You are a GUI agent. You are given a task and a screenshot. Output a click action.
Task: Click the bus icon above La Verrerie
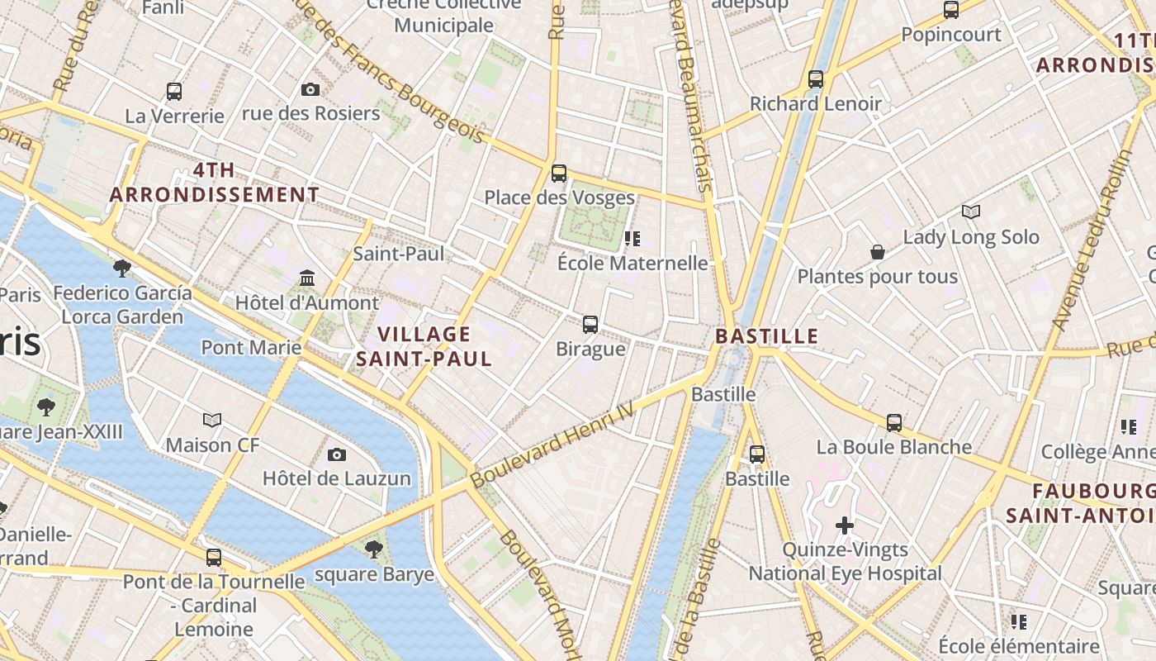pos(174,91)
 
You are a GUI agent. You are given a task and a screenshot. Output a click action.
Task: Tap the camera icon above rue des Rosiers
pos(310,89)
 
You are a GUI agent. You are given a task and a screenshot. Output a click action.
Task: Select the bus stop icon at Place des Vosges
pos(559,174)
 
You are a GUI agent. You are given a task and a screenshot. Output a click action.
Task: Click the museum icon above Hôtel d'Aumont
pos(307,278)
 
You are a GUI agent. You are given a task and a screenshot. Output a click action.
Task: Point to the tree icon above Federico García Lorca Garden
pos(122,268)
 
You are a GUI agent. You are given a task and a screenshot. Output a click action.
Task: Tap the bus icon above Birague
pos(590,324)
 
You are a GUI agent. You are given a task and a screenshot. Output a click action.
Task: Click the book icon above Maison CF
pos(212,420)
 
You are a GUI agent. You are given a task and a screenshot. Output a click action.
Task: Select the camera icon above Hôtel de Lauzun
pos(336,454)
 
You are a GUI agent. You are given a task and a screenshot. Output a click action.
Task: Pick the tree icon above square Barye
pos(374,549)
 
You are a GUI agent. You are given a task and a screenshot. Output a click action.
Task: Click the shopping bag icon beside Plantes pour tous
pos(877,252)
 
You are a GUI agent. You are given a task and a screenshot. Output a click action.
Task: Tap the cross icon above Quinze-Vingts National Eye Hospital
pos(845,525)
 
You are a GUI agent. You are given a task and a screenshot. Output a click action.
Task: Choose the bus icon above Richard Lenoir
pos(816,79)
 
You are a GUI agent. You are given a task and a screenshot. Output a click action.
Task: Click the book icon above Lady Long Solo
pos(971,212)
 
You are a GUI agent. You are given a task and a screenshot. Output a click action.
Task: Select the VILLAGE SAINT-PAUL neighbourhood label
pos(424,346)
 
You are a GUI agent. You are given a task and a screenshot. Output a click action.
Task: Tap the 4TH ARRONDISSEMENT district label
pos(215,183)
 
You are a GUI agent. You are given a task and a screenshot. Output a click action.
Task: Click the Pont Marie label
pos(251,347)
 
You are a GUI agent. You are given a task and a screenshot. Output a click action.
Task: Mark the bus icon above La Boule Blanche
pos(894,423)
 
